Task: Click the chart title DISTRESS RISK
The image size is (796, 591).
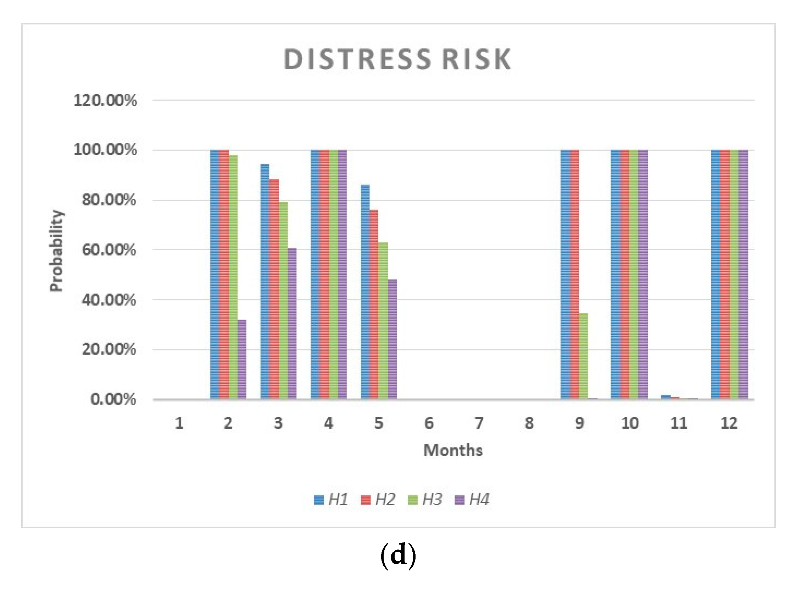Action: click(x=397, y=59)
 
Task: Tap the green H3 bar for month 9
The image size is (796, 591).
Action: click(x=583, y=356)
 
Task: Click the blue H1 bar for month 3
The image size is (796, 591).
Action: click(x=265, y=281)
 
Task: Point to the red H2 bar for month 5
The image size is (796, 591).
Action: click(x=374, y=304)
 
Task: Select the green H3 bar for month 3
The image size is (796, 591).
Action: click(x=283, y=300)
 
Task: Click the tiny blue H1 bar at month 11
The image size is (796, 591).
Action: click(x=666, y=397)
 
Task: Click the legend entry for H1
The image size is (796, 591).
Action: click(x=331, y=500)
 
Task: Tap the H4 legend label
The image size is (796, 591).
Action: click(x=479, y=500)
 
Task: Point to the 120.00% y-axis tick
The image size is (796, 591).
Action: click(x=105, y=101)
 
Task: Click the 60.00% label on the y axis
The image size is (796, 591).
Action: click(x=109, y=250)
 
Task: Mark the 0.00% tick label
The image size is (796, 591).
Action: click(x=113, y=399)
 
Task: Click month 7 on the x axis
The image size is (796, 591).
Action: click(x=479, y=423)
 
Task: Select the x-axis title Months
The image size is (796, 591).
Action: click(x=453, y=450)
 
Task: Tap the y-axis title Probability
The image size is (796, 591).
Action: click(x=56, y=251)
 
